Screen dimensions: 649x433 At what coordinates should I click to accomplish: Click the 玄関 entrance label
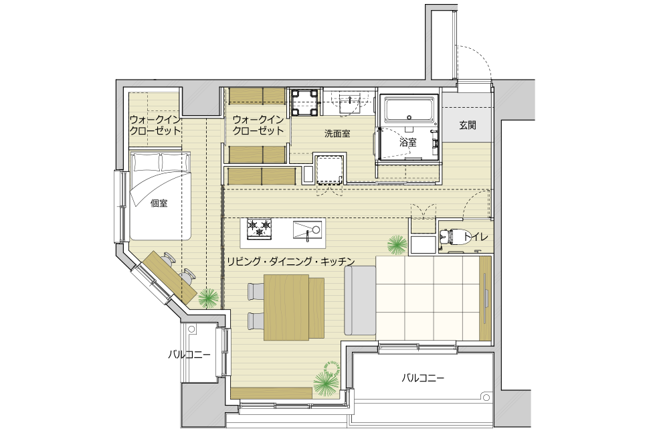click(x=468, y=125)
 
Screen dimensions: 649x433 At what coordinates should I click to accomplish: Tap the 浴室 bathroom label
click(x=408, y=143)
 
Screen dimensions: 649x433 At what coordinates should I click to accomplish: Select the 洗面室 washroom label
click(x=337, y=134)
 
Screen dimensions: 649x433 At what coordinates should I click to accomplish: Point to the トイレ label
click(x=476, y=237)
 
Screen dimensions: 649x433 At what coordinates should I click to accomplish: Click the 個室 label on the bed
click(x=159, y=203)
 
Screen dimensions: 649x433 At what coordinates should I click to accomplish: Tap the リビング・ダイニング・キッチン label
click(x=290, y=261)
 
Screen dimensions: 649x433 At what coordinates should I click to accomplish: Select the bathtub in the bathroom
click(x=410, y=110)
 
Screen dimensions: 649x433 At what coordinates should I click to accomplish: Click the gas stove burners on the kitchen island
click(x=260, y=229)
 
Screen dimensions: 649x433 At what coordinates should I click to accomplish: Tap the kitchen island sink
click(x=306, y=230)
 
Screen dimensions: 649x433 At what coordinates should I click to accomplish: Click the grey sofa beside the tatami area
click(x=360, y=300)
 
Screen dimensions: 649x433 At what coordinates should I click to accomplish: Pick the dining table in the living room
click(x=294, y=307)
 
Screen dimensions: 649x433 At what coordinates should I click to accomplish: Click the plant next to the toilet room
click(x=397, y=244)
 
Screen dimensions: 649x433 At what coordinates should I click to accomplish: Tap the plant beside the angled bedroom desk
click(x=208, y=298)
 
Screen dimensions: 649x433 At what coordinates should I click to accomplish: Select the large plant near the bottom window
click(x=327, y=379)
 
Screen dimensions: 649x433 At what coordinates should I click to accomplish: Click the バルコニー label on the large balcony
click(x=423, y=378)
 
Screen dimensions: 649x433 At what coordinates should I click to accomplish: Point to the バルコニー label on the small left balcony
click(x=189, y=355)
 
